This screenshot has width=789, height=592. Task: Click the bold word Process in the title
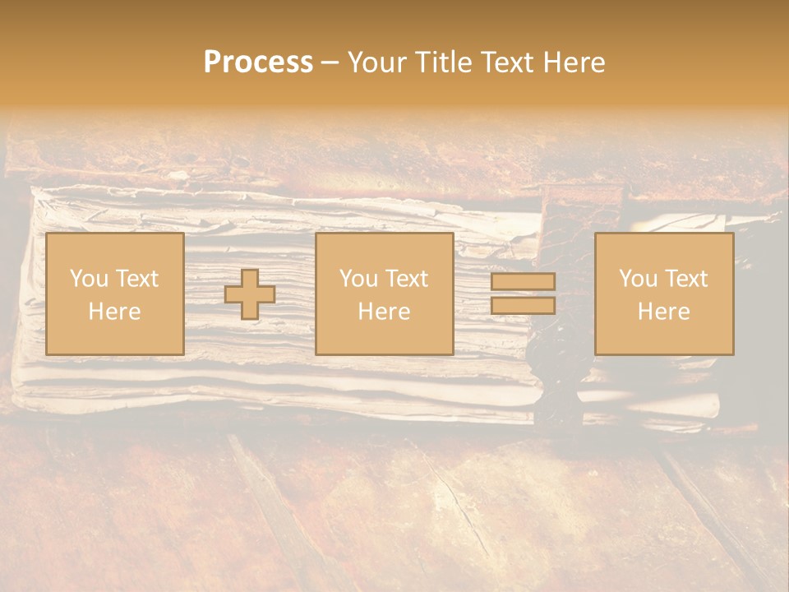(x=258, y=62)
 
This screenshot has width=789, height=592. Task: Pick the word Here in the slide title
(x=576, y=62)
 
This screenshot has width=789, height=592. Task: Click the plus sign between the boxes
(x=250, y=294)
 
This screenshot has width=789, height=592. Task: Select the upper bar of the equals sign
(x=523, y=281)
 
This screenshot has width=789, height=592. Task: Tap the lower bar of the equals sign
(x=523, y=306)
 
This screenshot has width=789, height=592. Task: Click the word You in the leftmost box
(x=88, y=279)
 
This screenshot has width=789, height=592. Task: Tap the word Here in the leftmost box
(x=114, y=312)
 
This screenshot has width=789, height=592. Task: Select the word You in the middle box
(x=358, y=279)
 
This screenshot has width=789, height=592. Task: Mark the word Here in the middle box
(x=384, y=312)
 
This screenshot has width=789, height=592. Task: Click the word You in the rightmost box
(x=637, y=279)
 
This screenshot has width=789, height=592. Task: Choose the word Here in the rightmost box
(x=663, y=312)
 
